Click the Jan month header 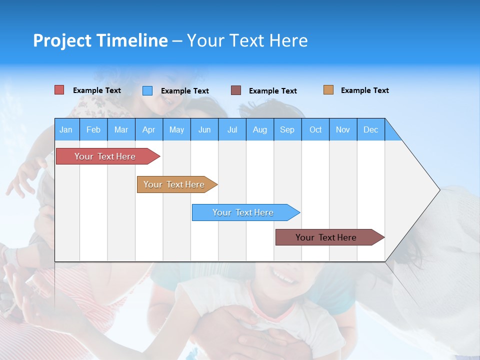click(66, 129)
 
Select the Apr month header click(149, 129)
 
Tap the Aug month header click(260, 129)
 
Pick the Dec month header click(371, 129)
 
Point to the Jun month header click(204, 129)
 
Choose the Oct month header click(315, 129)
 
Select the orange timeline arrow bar click(175, 184)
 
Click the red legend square click(59, 90)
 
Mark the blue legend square click(147, 90)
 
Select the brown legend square click(236, 90)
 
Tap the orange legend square click(328, 90)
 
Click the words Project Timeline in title click(100, 40)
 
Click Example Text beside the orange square click(364, 90)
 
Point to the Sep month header click(287, 129)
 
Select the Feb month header click(93, 129)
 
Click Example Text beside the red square click(97, 90)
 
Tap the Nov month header click(343, 129)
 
